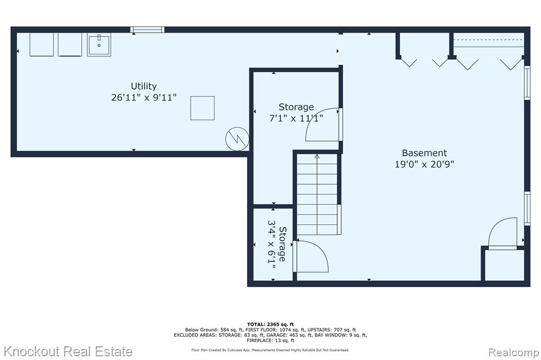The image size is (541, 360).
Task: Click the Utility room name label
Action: pos(144,86)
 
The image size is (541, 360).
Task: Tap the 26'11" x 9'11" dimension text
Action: pos(144,98)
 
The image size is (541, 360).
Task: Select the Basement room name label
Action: pos(424,153)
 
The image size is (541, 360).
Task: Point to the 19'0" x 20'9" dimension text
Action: pos(424,164)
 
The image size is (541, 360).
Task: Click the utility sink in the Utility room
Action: pos(99,44)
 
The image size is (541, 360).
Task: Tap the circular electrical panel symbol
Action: pos(237,139)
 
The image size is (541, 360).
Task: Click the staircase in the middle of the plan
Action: pos(317,194)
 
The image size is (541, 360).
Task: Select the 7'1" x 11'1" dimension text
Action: pos(296,118)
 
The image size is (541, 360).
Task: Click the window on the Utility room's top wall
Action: pos(147,30)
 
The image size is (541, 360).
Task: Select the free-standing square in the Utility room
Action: pos(202,108)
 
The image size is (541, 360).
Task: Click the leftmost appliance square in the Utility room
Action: pos(41,44)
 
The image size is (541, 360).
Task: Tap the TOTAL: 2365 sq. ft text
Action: pos(270,324)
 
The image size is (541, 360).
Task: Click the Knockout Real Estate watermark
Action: pos(68,352)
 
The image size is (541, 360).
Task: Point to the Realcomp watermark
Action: pos(513,353)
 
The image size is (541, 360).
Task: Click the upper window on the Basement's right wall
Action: pos(527,82)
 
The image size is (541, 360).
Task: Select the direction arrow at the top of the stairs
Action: pos(317,156)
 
